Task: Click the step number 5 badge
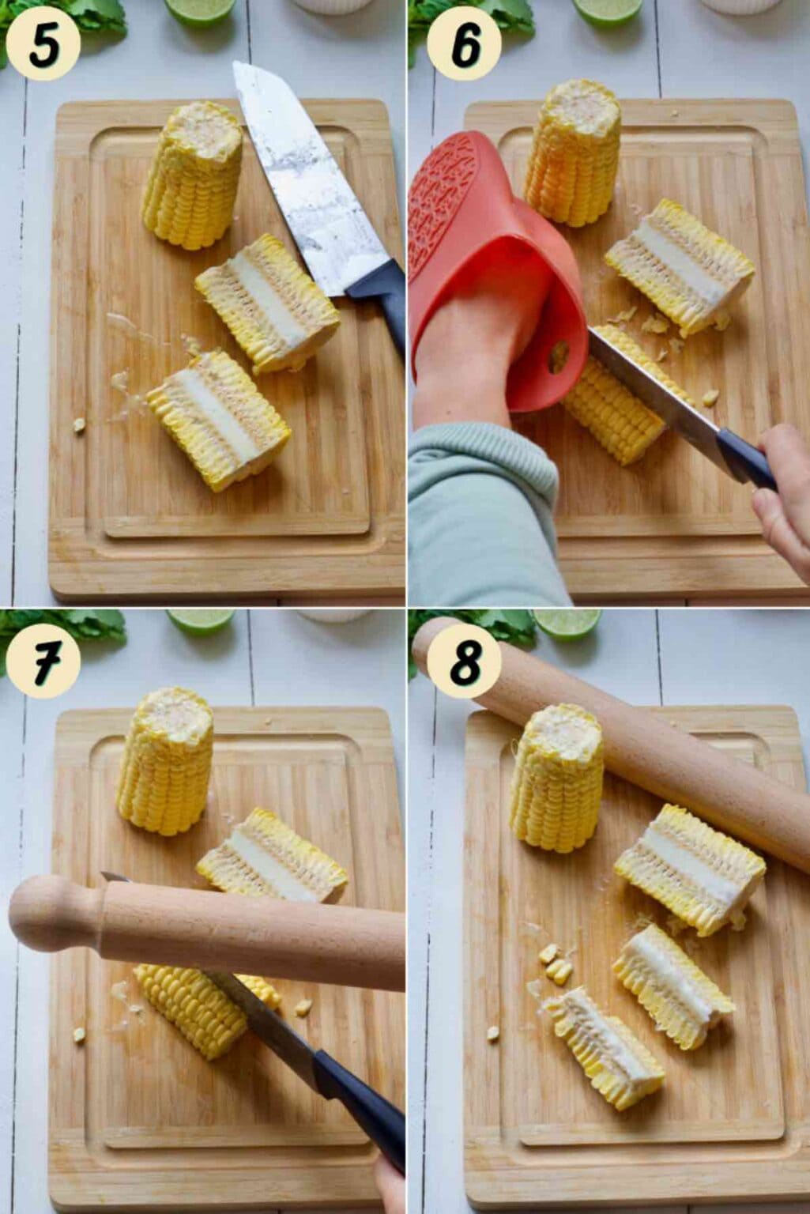(x=43, y=44)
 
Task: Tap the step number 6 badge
(x=465, y=44)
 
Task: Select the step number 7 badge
(x=43, y=661)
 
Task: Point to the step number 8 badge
(x=465, y=661)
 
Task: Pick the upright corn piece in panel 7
(x=165, y=761)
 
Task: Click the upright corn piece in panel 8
(x=557, y=779)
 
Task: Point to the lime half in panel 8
(x=567, y=624)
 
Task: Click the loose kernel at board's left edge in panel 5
(x=79, y=424)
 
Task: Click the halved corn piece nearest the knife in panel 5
(x=268, y=303)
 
